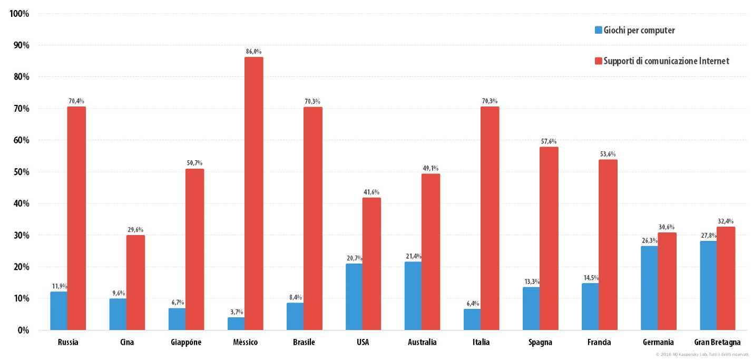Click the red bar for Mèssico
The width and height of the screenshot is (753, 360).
point(254,193)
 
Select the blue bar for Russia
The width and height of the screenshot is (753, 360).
point(59,311)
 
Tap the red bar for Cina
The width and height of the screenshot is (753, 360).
point(135,283)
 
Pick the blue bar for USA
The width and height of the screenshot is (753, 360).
point(354,297)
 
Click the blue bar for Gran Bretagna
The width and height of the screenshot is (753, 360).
point(708,285)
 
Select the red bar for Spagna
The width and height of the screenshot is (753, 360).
point(549,238)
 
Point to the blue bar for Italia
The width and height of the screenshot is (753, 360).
point(472,319)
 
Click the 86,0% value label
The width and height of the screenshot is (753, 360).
point(254,52)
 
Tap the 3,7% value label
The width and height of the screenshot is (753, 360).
point(237,312)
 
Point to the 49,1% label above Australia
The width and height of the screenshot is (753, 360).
point(431,168)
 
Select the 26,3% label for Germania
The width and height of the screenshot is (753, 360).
point(650,241)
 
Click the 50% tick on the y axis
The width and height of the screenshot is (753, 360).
point(19,172)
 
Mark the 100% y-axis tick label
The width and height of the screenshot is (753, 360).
point(19,14)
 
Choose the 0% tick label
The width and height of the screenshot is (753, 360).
point(23,330)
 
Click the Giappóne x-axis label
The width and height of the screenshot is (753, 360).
point(186,342)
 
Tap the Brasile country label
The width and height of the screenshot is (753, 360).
point(304,342)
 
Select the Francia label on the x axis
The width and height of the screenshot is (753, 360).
point(599,342)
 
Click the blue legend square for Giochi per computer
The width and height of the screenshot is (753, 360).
point(599,30)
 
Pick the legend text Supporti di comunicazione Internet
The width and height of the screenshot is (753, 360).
point(666,61)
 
